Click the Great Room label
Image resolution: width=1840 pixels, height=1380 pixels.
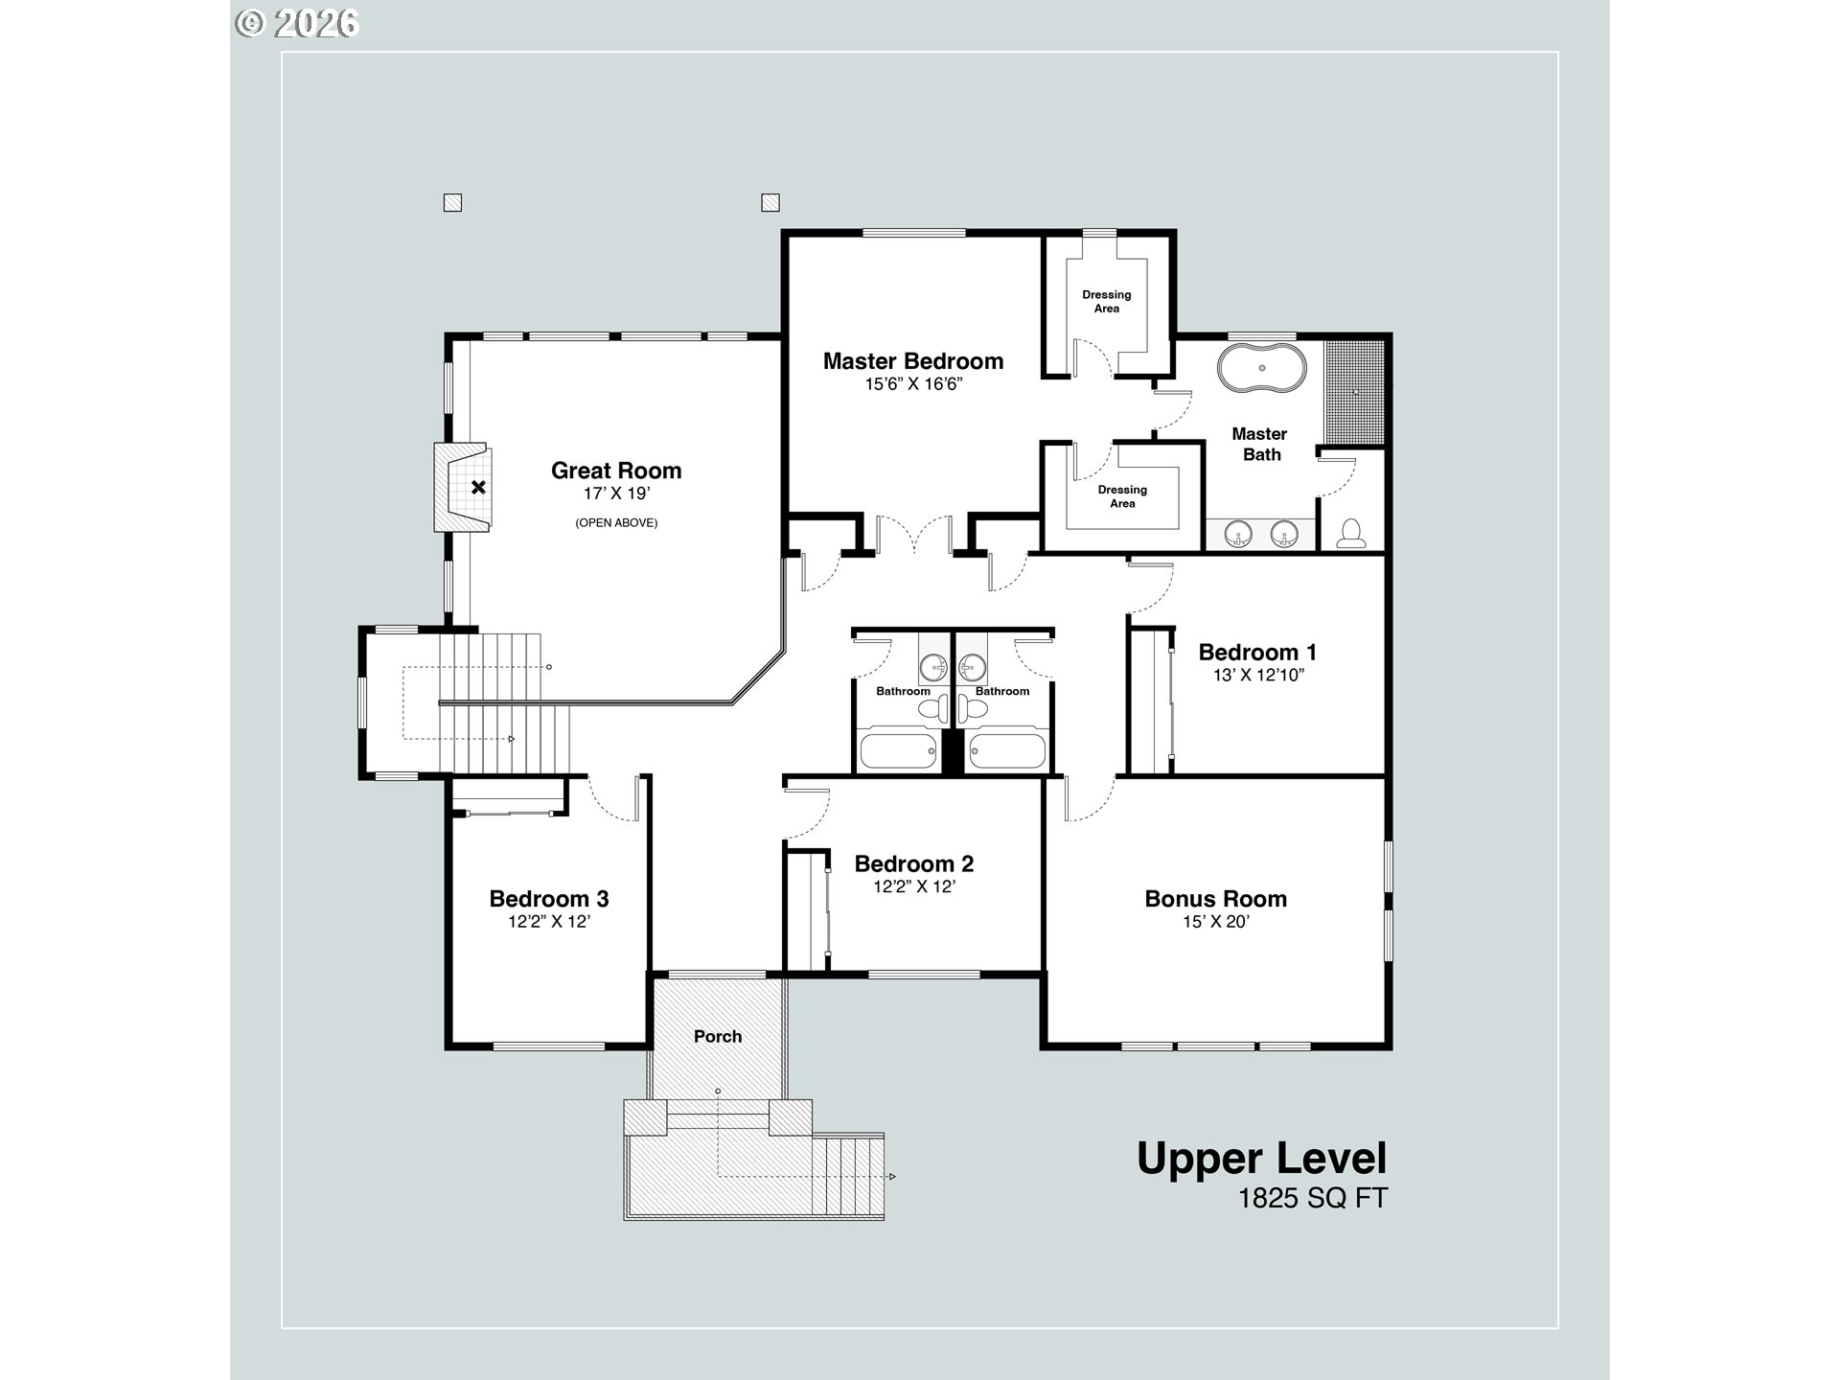tap(616, 471)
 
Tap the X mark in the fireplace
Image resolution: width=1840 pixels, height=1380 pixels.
tap(478, 487)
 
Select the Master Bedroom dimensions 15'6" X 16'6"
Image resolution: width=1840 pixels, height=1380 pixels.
tap(913, 384)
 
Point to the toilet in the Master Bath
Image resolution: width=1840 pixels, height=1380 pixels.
tap(1351, 534)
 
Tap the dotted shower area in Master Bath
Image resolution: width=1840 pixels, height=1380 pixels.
tap(1355, 391)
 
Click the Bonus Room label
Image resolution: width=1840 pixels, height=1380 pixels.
tap(1215, 899)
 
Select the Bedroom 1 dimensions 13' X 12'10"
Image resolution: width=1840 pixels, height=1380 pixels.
tap(1258, 675)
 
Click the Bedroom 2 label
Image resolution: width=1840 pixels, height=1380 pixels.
tap(914, 863)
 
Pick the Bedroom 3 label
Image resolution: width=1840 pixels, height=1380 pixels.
tap(549, 899)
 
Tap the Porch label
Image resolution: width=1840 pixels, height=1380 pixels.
tap(718, 1036)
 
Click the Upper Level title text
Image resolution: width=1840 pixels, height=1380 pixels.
tap(1262, 1159)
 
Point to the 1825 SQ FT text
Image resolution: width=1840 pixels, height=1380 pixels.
tap(1313, 1199)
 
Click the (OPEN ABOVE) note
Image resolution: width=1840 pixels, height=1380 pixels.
tap(616, 522)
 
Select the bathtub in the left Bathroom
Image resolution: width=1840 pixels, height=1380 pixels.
tap(898, 748)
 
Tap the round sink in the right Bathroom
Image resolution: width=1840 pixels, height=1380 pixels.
tap(973, 663)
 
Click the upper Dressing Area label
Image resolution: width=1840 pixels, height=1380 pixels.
tap(1107, 301)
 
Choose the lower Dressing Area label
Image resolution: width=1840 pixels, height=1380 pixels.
tap(1122, 496)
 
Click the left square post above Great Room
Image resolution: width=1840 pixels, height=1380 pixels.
tap(453, 202)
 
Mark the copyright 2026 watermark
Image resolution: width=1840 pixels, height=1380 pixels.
tap(297, 23)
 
